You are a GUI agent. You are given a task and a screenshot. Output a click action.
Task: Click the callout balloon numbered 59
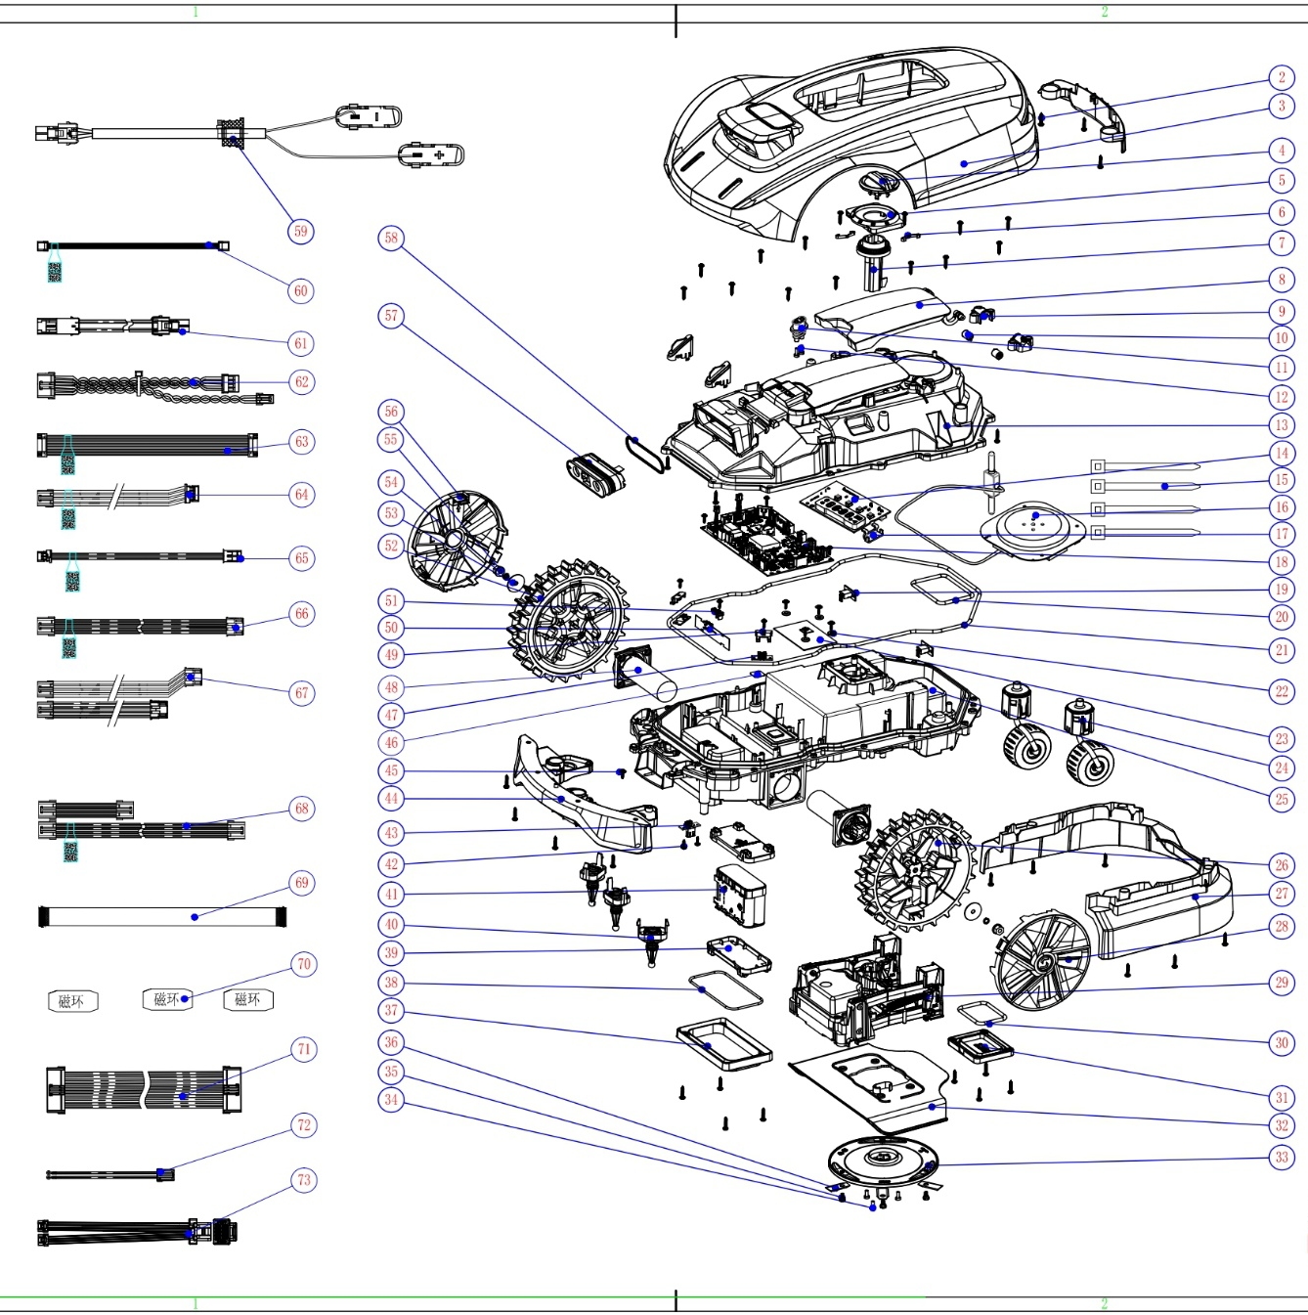300,232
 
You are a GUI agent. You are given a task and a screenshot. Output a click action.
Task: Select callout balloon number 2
1282,78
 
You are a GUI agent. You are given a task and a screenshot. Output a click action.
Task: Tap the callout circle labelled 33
1282,1158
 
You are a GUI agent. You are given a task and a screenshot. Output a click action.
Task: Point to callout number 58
391,238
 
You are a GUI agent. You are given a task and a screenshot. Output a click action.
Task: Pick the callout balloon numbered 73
303,1180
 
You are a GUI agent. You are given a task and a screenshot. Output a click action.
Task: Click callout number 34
391,1100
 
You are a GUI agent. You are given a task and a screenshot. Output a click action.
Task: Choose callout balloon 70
303,965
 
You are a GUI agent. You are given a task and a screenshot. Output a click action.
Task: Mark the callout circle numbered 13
1282,425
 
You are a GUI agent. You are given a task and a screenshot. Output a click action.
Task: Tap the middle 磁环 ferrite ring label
167,1000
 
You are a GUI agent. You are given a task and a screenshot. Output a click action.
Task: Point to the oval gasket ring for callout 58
645,455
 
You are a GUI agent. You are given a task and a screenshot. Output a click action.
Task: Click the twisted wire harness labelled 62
147,384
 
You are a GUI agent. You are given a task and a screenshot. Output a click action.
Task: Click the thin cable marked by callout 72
108,1174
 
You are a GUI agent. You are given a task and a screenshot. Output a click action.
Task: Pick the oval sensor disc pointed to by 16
1032,528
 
